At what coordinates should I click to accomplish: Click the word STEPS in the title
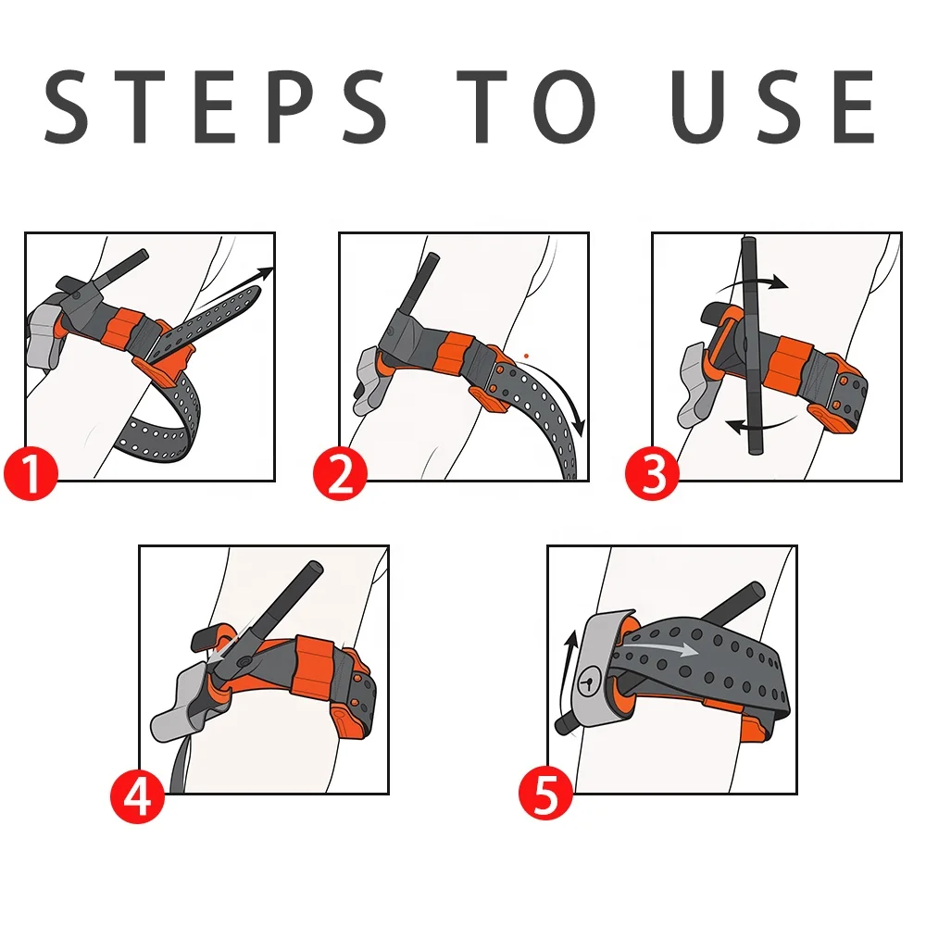point(215,106)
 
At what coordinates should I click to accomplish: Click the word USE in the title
point(773,106)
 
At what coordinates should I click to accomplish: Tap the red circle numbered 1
point(31,473)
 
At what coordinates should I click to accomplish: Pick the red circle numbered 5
point(546,795)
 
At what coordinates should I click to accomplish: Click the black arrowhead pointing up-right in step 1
point(266,273)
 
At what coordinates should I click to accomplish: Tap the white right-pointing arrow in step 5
point(657,648)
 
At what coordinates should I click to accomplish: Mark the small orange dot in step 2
point(526,357)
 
